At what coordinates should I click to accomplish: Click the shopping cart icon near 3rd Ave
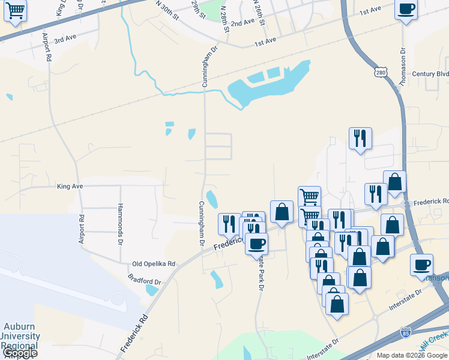[x=15, y=10]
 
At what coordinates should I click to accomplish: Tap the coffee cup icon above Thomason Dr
[x=406, y=9]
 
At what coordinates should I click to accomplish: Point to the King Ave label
[x=70, y=187]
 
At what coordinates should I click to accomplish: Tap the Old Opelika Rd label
[x=154, y=263]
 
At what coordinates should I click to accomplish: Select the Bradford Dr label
[x=145, y=281]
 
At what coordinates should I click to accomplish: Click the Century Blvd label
[x=430, y=74]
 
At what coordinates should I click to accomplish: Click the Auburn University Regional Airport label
[x=21, y=336]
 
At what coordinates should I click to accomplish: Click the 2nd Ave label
[x=243, y=23]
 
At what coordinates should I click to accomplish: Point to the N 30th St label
[x=167, y=10]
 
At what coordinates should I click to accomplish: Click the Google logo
[x=20, y=353]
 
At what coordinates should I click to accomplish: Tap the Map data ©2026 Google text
[x=412, y=355]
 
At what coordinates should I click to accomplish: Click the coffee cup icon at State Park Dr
[x=256, y=244]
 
